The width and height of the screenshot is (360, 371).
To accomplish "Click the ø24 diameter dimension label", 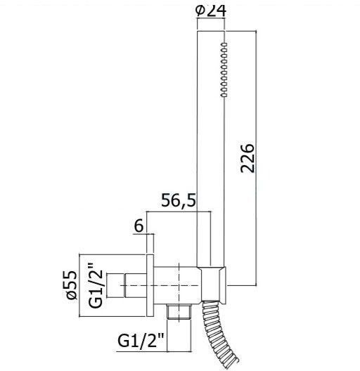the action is (211, 11).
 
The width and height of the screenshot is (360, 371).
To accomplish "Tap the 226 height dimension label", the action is (247, 158).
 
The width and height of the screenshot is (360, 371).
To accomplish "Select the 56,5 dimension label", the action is (179, 200).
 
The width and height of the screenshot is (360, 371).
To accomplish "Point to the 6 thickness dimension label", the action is (139, 226).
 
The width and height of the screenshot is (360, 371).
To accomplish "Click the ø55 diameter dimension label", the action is (72, 285).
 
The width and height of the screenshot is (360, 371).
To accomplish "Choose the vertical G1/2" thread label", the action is (96, 288).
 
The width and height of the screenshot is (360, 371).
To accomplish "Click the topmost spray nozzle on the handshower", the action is (224, 44).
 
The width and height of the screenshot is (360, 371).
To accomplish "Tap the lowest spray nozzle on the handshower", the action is (224, 95).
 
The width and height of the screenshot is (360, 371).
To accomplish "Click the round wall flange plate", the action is (150, 285).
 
